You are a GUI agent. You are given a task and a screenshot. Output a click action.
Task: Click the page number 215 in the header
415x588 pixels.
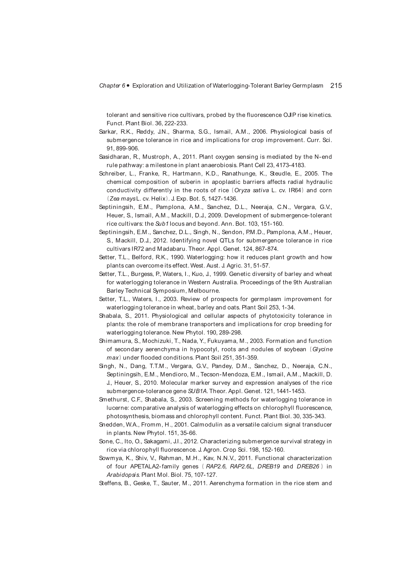336,86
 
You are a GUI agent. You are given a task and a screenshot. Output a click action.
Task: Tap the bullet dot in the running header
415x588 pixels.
128,86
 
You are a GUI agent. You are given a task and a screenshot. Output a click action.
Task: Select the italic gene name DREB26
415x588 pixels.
308,466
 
